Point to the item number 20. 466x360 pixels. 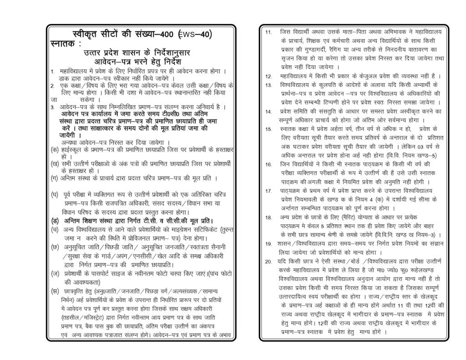pos(268,261)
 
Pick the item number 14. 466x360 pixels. pos(268,112)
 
